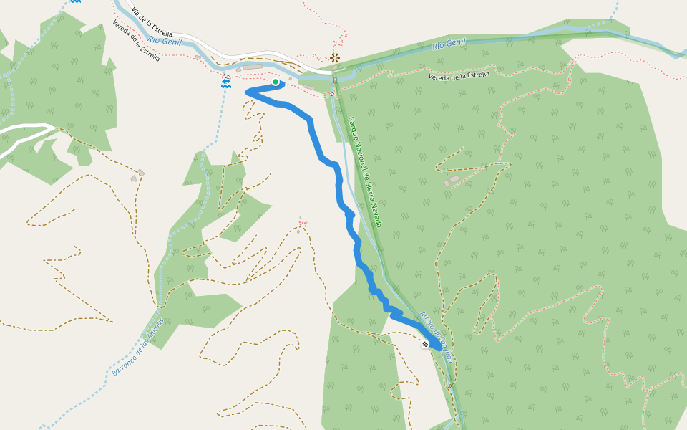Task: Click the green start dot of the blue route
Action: (276, 82)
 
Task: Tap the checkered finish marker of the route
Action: (425, 344)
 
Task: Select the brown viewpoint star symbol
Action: (334, 57)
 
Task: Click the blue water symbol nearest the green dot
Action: (226, 84)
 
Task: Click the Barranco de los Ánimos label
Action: (138, 347)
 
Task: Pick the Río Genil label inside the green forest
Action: (449, 44)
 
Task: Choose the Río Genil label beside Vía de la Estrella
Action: (165, 42)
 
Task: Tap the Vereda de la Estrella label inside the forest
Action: (459, 75)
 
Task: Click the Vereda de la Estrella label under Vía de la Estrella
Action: (136, 41)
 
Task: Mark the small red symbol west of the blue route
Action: (301, 224)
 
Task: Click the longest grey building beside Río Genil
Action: (252, 67)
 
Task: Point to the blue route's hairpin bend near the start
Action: (249, 92)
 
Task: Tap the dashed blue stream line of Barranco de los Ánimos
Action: (172, 251)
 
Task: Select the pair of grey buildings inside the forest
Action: (452, 181)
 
